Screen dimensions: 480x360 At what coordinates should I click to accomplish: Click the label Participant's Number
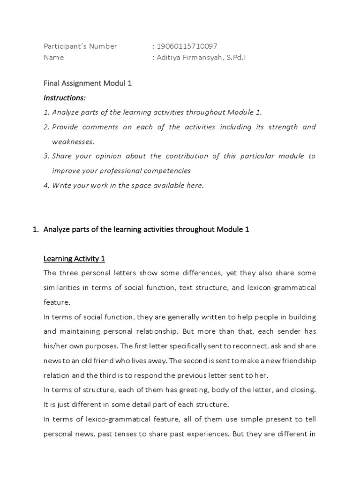80,46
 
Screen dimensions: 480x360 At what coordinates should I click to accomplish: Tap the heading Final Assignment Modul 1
88,83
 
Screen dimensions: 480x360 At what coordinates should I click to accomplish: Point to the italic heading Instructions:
65,97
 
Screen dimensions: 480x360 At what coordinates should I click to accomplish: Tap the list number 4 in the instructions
46,185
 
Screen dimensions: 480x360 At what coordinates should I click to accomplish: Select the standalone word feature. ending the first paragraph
56,302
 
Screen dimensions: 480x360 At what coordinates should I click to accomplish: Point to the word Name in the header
53,58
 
